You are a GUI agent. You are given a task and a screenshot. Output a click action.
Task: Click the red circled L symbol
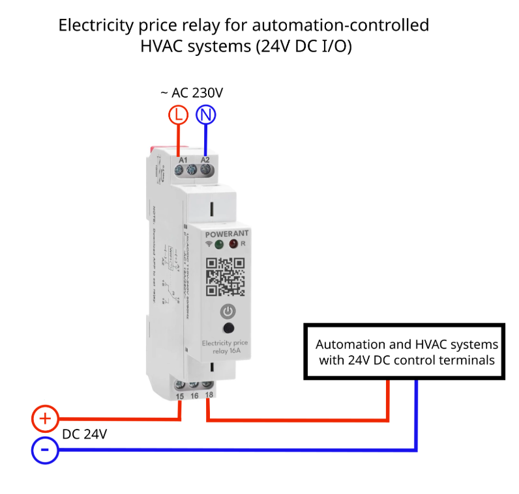(x=178, y=115)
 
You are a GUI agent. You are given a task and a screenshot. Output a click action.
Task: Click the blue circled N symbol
(x=206, y=115)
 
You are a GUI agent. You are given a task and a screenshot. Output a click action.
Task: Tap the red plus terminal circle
(x=45, y=419)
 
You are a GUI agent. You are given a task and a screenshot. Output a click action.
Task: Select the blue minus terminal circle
(x=45, y=450)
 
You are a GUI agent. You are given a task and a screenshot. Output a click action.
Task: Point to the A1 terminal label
(x=183, y=159)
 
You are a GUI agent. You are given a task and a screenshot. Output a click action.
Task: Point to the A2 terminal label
(x=205, y=159)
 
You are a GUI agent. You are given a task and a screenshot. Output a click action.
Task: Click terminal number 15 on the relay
(x=180, y=396)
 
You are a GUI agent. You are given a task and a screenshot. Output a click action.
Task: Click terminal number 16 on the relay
(x=194, y=396)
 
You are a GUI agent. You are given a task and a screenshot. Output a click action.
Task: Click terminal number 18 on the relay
(x=208, y=396)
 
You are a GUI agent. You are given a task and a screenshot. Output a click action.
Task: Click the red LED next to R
(x=233, y=245)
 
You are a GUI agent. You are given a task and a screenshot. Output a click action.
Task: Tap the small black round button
(x=228, y=329)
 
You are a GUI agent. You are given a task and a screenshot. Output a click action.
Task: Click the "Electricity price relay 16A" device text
(x=225, y=347)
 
